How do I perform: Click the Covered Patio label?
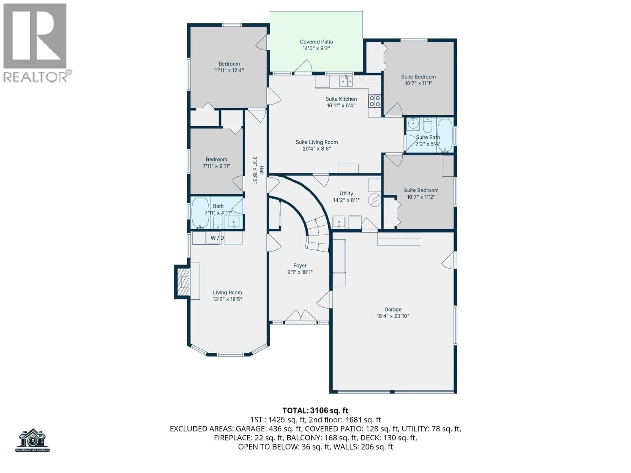(x=316, y=42)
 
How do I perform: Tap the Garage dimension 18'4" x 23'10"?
(x=393, y=316)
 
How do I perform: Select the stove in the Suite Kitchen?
(x=374, y=101)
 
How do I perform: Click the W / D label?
(x=217, y=238)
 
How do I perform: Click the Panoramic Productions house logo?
(x=33, y=440)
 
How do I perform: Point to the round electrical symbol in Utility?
(x=374, y=200)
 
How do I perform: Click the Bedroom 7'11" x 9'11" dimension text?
(x=216, y=166)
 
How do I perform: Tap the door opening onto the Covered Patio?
(x=303, y=67)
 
